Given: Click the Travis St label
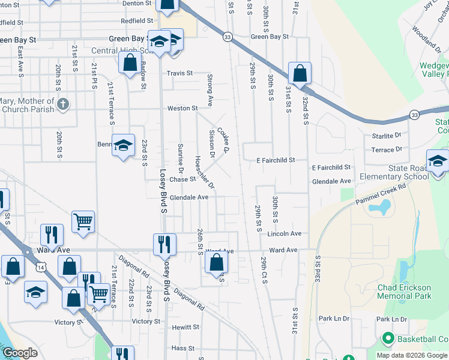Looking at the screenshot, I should (x=180, y=73).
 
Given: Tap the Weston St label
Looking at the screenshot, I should (x=182, y=108).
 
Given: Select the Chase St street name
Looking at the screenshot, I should (x=182, y=179).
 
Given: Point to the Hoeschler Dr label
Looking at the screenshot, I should (x=202, y=172).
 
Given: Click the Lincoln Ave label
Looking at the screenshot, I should (x=285, y=233).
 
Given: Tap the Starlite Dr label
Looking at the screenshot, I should (x=386, y=136).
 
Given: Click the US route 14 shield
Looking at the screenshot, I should (x=39, y=265).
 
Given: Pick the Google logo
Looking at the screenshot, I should (x=20, y=353).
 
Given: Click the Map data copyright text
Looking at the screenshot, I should (x=412, y=355).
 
